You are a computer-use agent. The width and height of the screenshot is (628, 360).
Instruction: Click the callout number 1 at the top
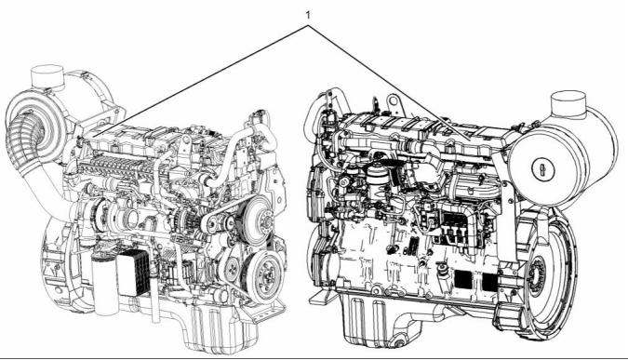click(x=308, y=15)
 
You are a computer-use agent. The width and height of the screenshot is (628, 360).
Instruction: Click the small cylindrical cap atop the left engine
click(x=47, y=77)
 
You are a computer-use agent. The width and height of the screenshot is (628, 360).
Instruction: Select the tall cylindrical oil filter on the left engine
click(x=104, y=284)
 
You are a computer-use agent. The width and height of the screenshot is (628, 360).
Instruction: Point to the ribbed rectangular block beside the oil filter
click(x=133, y=273)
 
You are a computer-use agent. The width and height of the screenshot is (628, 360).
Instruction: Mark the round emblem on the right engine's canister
click(x=542, y=167)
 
